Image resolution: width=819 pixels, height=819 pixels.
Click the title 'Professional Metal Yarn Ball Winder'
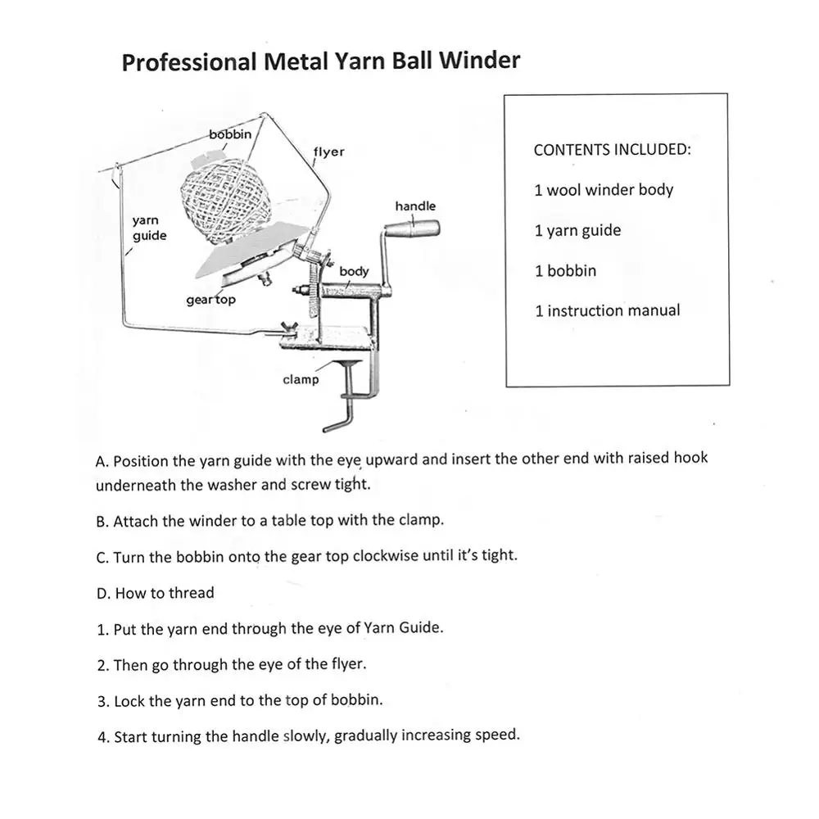(x=320, y=62)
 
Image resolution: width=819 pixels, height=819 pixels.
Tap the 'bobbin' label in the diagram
(x=230, y=133)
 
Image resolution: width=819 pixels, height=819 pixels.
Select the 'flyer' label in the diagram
(x=328, y=152)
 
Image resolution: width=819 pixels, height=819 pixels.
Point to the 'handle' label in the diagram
(x=415, y=206)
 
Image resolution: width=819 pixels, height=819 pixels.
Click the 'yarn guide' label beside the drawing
(x=149, y=229)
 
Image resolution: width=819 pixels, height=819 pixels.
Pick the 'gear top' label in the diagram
(x=210, y=300)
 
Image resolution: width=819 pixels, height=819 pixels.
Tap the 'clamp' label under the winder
(x=301, y=379)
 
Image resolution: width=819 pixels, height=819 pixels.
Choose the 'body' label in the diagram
(x=354, y=271)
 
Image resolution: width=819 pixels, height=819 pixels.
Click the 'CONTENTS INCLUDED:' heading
(x=612, y=150)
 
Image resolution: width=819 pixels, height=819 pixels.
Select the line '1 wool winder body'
(x=604, y=190)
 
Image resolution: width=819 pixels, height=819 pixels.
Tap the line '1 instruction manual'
(x=607, y=310)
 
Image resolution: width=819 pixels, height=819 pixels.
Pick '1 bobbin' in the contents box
(x=565, y=270)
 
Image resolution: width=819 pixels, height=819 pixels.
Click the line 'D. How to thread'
(x=155, y=593)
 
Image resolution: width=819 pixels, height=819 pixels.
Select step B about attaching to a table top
(x=269, y=521)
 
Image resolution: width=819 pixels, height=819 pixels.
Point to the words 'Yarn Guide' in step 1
(x=409, y=628)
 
